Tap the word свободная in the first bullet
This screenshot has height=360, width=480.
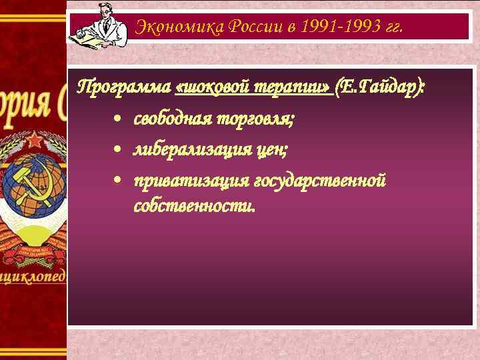(171, 119)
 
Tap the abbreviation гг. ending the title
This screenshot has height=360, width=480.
(393, 27)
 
